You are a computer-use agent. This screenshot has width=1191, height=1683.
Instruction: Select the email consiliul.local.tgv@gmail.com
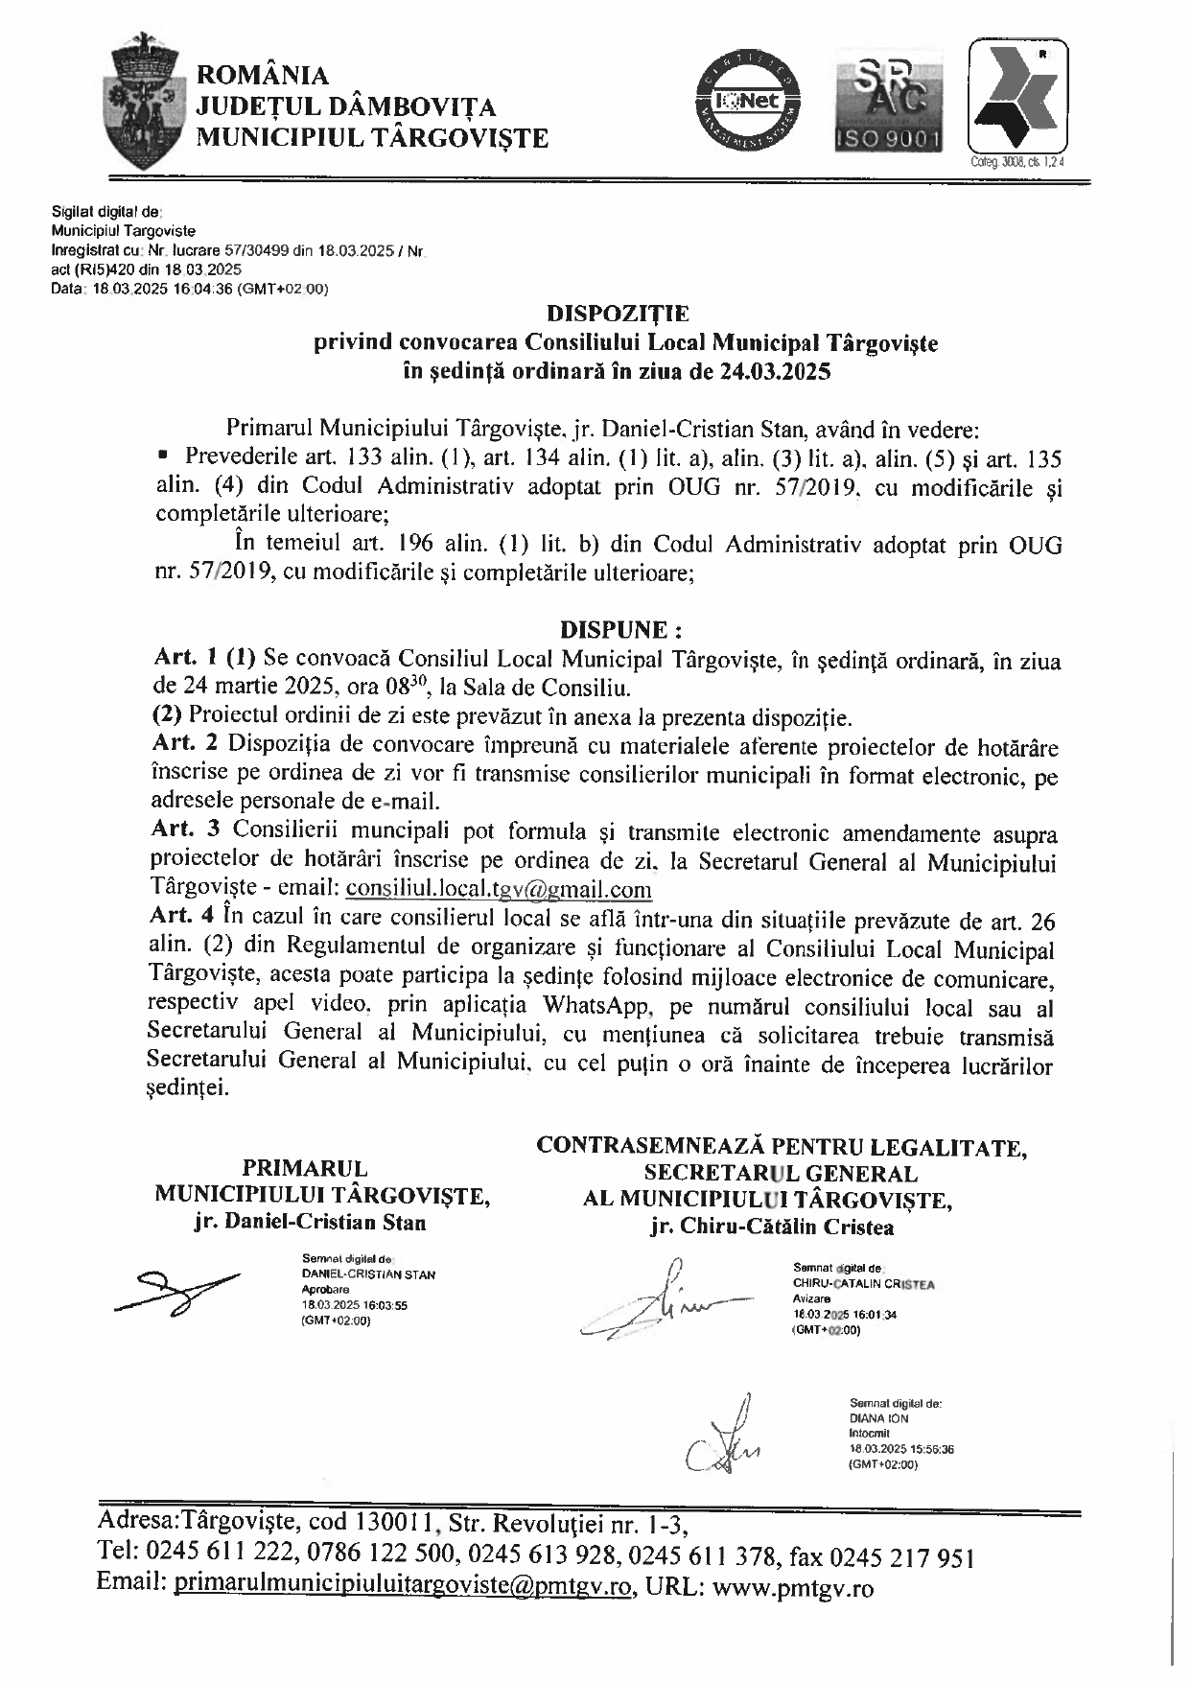point(499,888)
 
